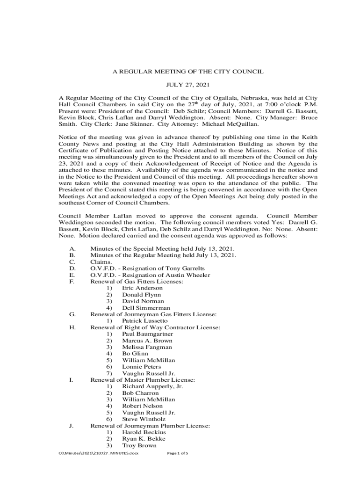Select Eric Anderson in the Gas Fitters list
coord(142,288)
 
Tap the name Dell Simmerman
coord(146,308)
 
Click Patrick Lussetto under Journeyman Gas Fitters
coord(144,321)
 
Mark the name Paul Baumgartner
coord(147,334)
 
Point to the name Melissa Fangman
coord(147,347)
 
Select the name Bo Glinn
coord(135,354)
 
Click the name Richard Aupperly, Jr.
coord(152,386)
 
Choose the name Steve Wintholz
coord(144,419)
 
